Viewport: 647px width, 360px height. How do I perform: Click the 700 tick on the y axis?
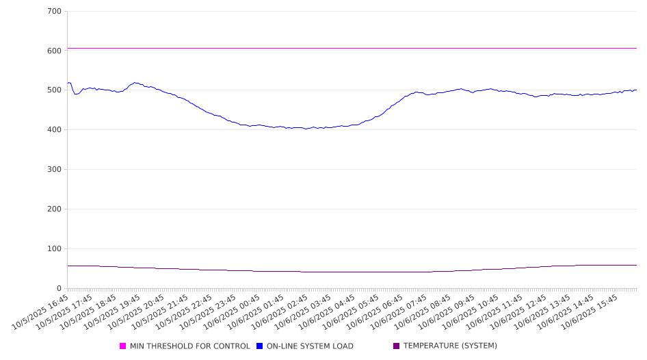tap(55, 12)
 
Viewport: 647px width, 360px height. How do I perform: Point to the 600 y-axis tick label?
tap(55, 51)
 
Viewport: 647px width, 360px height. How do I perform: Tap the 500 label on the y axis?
tap(55, 90)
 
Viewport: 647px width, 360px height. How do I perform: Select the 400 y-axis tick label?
tap(55, 130)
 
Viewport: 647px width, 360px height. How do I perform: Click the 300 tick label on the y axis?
tap(55, 170)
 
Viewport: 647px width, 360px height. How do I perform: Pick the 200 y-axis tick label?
tap(55, 209)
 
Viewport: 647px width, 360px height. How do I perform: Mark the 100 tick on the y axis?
tap(55, 249)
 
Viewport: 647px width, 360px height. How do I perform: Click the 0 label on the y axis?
tap(60, 288)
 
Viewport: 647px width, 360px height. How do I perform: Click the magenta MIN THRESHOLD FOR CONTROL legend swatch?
tap(123, 346)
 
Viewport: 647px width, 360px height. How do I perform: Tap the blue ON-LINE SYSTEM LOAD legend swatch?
tap(260, 346)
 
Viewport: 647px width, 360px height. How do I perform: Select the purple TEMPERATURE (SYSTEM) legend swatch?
tap(397, 346)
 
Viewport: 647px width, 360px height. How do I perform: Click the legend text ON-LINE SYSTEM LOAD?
tap(310, 346)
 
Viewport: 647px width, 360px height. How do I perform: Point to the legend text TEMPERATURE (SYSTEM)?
tap(450, 346)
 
